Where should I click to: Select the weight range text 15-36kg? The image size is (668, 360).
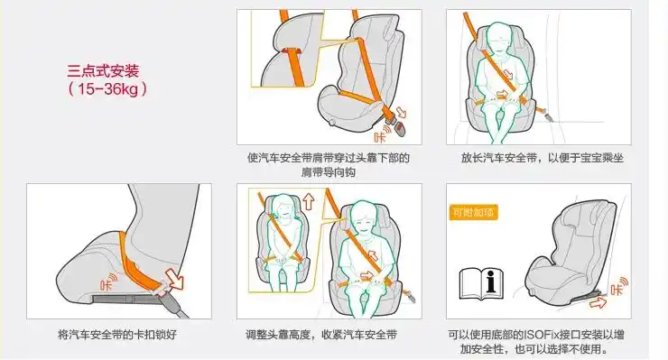click(x=107, y=89)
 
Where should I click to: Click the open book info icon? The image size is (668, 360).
click(x=482, y=284)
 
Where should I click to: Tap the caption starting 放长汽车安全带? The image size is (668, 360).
click(x=542, y=158)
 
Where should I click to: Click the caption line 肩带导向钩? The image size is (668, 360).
click(x=328, y=171)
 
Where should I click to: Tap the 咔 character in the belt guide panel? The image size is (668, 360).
click(x=380, y=136)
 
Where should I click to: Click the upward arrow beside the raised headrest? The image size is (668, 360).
click(x=307, y=204)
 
